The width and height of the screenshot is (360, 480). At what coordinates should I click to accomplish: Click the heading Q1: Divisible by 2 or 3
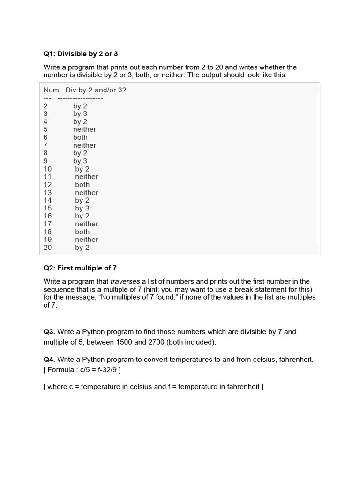(x=81, y=54)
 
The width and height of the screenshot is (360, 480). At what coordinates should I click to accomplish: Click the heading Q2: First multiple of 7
(x=80, y=268)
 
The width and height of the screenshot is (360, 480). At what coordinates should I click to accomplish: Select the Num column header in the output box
(x=51, y=90)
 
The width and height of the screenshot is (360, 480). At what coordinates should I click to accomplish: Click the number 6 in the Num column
(x=46, y=137)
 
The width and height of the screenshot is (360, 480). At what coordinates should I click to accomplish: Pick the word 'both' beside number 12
(x=82, y=185)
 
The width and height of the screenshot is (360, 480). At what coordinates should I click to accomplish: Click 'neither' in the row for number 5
(x=84, y=129)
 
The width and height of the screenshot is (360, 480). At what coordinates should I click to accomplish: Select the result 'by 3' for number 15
(x=82, y=208)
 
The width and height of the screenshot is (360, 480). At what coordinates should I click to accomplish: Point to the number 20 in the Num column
(x=48, y=247)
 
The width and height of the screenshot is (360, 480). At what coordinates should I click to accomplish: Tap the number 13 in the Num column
(x=48, y=193)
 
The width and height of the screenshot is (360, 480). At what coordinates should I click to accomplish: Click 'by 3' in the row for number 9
(x=80, y=161)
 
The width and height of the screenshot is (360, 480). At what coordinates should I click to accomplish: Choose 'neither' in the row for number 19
(x=87, y=240)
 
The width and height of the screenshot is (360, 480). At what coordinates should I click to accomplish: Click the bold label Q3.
(x=49, y=332)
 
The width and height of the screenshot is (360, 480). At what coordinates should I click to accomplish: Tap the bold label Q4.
(x=49, y=360)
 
